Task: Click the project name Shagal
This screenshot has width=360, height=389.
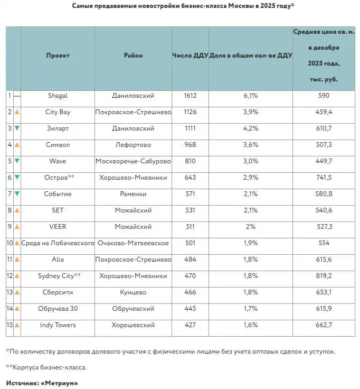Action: point(58,96)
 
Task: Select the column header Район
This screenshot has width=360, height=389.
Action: point(133,55)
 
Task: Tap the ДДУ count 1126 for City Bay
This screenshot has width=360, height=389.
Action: point(190,112)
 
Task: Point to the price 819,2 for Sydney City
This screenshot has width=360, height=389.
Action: point(324,276)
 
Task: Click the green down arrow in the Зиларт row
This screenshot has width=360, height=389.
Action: point(17,128)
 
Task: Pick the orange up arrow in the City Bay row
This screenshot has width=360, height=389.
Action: point(17,112)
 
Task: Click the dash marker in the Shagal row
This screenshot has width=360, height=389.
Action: point(17,96)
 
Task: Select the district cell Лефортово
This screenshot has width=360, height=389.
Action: point(133,145)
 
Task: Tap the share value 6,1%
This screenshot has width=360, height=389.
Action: point(250,96)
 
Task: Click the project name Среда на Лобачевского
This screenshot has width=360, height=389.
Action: point(58,243)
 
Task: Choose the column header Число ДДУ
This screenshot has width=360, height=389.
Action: point(190,55)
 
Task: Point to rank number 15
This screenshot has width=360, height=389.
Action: point(10,325)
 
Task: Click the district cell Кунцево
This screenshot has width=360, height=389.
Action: point(133,292)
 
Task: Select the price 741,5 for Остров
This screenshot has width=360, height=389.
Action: point(324,178)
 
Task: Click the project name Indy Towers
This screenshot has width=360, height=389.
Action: point(58,325)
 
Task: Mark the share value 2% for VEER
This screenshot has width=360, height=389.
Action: point(250,227)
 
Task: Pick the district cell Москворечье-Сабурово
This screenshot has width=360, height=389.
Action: point(133,161)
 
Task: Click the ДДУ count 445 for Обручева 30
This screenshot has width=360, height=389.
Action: point(190,309)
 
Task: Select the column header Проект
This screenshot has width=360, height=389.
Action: point(58,55)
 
